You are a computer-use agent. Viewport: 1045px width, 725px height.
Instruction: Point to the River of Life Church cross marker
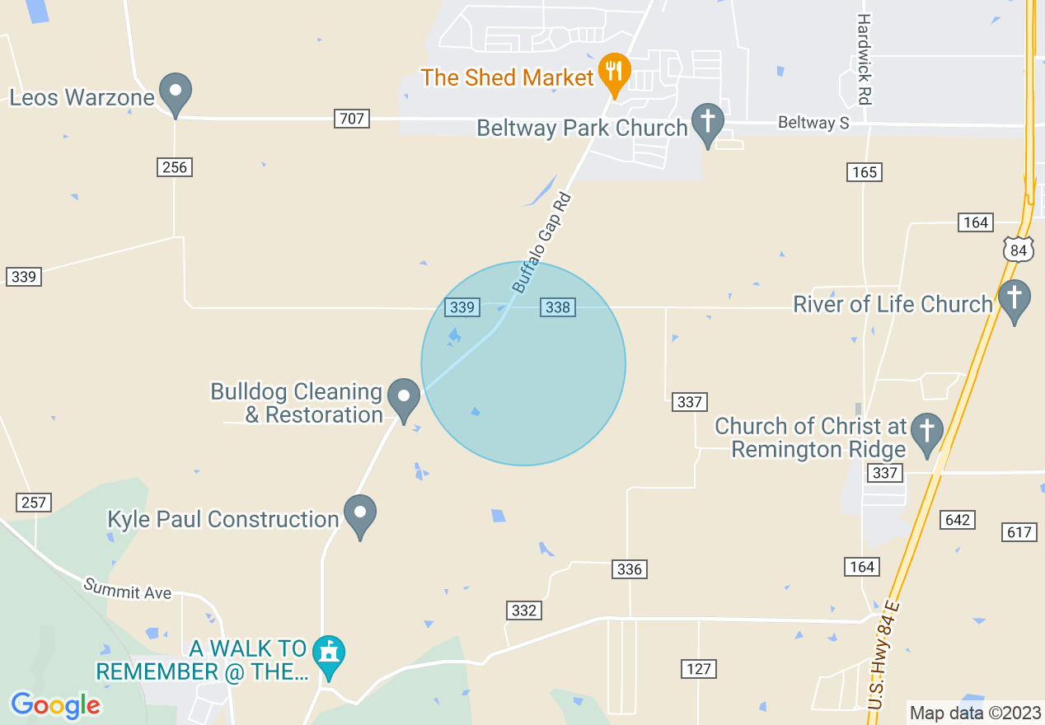tap(1014, 299)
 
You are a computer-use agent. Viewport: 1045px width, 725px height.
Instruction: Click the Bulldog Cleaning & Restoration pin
tap(404, 398)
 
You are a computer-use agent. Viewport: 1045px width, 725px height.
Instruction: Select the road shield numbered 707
tap(351, 119)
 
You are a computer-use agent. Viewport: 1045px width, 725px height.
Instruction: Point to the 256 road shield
tap(175, 167)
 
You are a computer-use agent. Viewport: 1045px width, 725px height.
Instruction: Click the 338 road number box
tap(558, 307)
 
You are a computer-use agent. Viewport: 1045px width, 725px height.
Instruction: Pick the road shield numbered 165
tap(864, 171)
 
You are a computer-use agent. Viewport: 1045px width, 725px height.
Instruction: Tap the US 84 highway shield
tap(1019, 249)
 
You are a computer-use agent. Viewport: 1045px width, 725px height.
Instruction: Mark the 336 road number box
tap(629, 569)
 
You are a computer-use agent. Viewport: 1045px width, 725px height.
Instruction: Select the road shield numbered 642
tap(958, 520)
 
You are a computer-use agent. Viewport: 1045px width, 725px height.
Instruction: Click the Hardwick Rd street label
tap(864, 58)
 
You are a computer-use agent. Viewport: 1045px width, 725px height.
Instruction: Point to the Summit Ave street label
tap(127, 588)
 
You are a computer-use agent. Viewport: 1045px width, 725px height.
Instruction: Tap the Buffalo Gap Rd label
tap(541, 243)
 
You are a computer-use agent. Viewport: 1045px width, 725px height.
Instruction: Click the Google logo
tap(55, 705)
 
